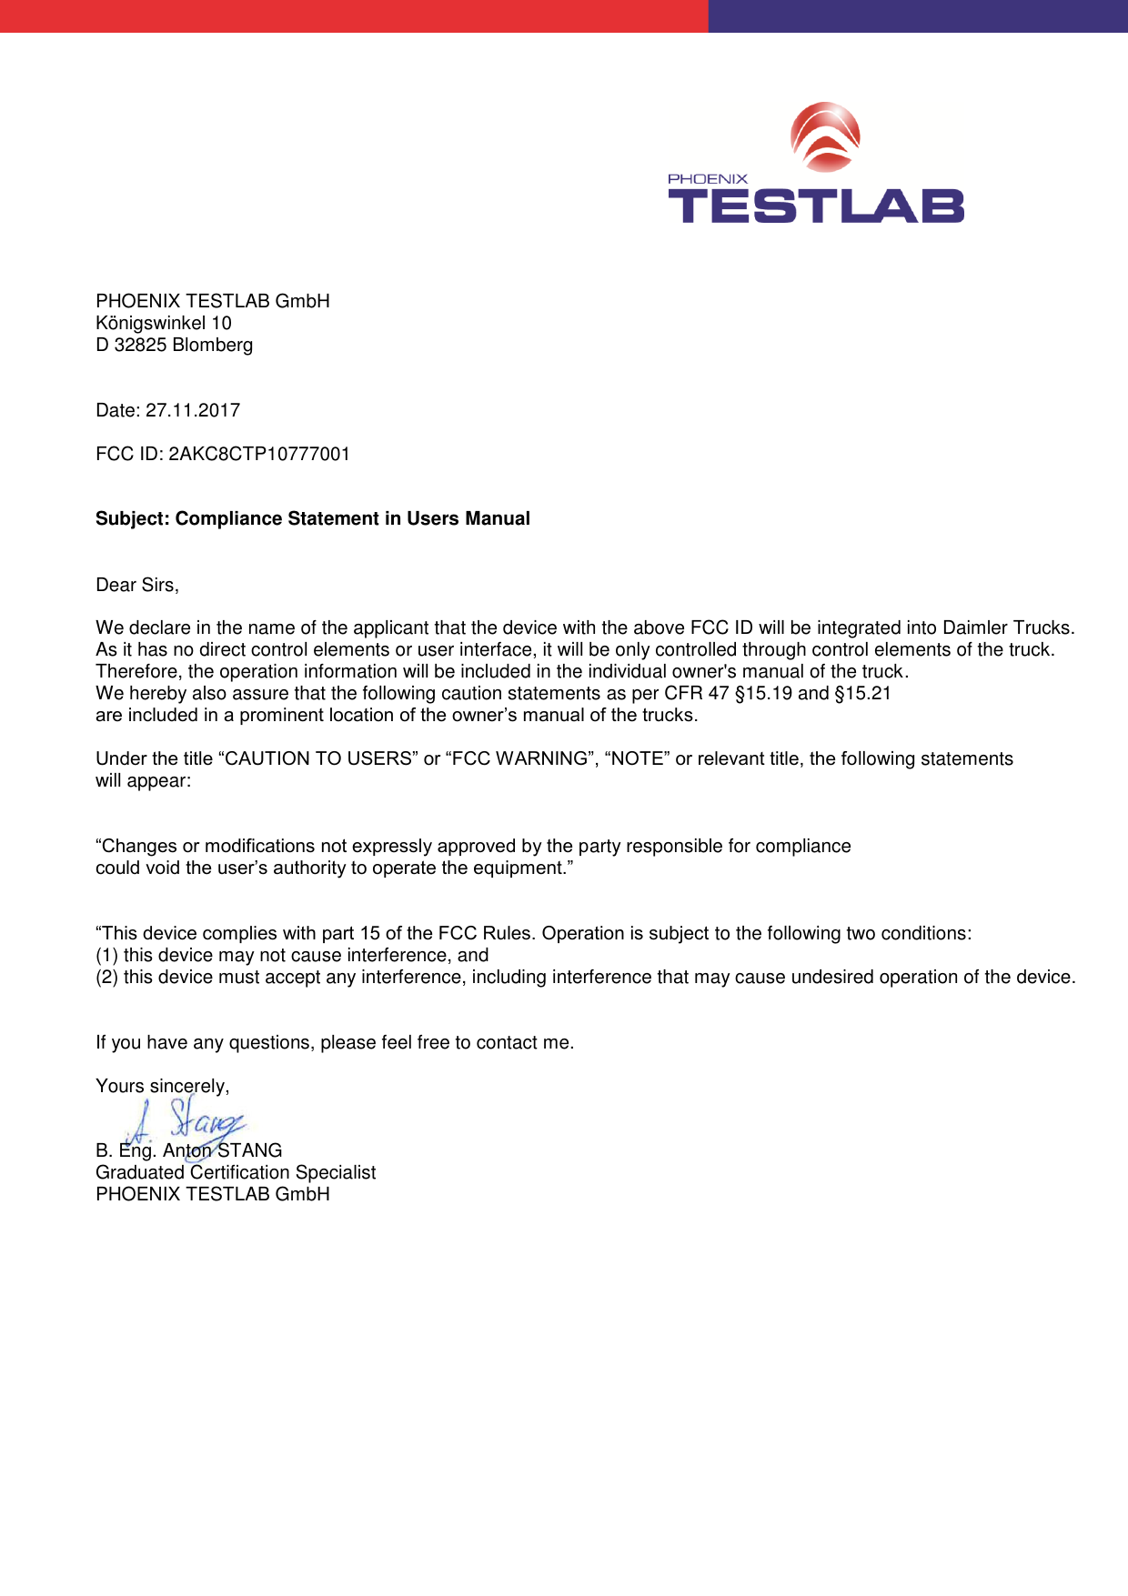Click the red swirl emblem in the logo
tap(825, 137)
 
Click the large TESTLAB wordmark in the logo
tap(816, 206)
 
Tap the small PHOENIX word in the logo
tap(708, 179)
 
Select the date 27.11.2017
tap(193, 410)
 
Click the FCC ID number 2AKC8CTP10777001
tap(259, 454)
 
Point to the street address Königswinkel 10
tap(164, 323)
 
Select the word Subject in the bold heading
tap(131, 518)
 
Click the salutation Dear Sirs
tap(136, 585)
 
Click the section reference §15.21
tap(862, 693)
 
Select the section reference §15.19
tap(763, 693)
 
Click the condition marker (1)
tap(106, 955)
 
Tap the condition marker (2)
tap(106, 977)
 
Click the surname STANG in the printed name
tap(249, 1150)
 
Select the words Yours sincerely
tap(162, 1086)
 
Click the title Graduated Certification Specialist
tap(236, 1172)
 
